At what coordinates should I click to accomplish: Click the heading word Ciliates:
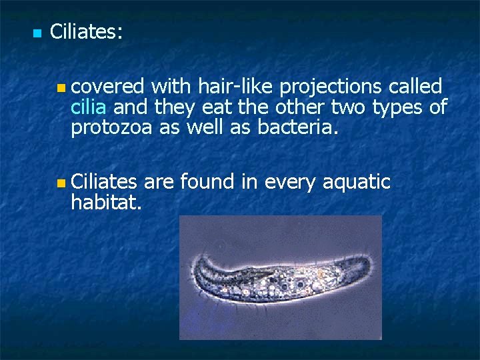pyautogui.click(x=86, y=32)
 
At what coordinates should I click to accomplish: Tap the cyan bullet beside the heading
pyautogui.click(x=37, y=33)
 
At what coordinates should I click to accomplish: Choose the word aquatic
pyautogui.click(x=356, y=182)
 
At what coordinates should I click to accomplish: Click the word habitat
pyautogui.click(x=105, y=201)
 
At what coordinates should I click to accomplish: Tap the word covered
pyautogui.click(x=108, y=87)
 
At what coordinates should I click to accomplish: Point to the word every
pyautogui.click(x=287, y=182)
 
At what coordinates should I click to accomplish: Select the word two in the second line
pyautogui.click(x=348, y=107)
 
